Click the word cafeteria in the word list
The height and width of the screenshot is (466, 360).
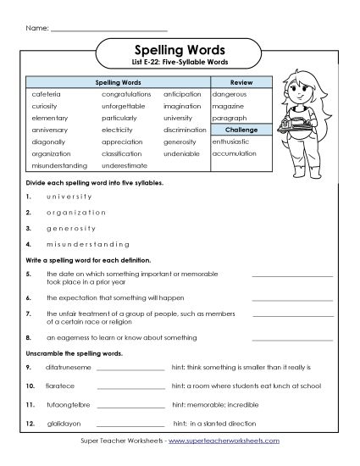(42, 94)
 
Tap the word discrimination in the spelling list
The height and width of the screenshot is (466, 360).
(186, 130)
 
